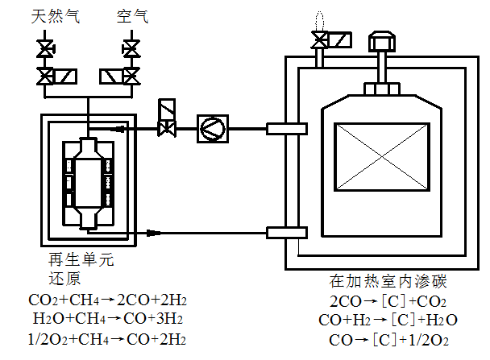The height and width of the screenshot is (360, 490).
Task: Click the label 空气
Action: [x=129, y=16]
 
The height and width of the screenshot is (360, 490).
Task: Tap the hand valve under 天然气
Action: [x=47, y=50]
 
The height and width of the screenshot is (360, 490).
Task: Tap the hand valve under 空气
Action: [x=129, y=50]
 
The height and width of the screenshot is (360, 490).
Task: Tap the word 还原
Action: [x=64, y=279]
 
